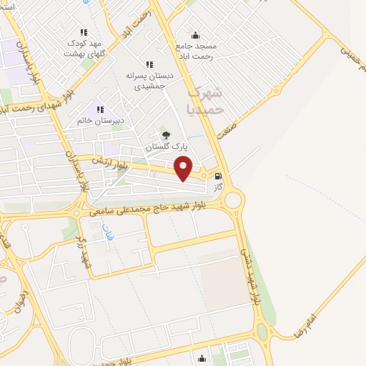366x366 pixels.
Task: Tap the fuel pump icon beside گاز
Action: (x=217, y=176)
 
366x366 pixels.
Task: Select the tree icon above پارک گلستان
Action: (x=166, y=135)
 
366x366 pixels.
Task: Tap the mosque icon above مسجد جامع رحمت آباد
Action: (x=196, y=35)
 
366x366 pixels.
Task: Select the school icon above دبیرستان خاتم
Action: (x=100, y=109)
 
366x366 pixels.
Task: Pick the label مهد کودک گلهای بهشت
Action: (x=85, y=48)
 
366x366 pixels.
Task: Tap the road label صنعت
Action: (x=244, y=121)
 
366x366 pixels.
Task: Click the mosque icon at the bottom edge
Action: (x=202, y=359)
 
